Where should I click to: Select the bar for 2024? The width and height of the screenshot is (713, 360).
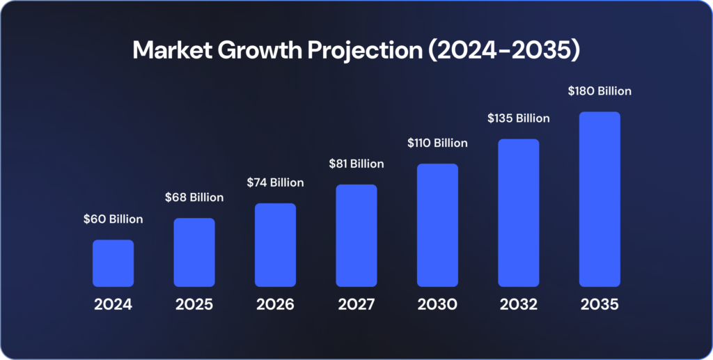pyautogui.click(x=113, y=263)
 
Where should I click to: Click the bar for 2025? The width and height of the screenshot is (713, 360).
pyautogui.click(x=194, y=252)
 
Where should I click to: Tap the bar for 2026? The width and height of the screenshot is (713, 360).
pyautogui.click(x=275, y=244)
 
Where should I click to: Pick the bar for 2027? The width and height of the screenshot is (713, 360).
pyautogui.click(x=356, y=235)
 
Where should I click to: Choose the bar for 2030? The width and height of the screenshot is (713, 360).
pyautogui.click(x=437, y=225)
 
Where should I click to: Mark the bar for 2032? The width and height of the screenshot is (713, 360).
pyautogui.click(x=519, y=212)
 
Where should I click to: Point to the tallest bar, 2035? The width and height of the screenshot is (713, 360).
pyautogui.click(x=600, y=199)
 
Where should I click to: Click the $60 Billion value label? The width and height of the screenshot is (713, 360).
pyautogui.click(x=113, y=219)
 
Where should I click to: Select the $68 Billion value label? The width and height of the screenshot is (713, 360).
pyautogui.click(x=194, y=198)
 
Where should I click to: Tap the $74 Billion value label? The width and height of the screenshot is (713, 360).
pyautogui.click(x=275, y=182)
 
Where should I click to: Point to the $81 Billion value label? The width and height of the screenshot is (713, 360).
pyautogui.click(x=356, y=164)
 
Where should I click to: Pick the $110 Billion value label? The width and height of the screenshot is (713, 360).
pyautogui.click(x=437, y=143)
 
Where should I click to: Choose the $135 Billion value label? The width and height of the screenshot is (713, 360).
pyautogui.click(x=519, y=118)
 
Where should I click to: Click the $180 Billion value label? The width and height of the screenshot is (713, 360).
pyautogui.click(x=600, y=91)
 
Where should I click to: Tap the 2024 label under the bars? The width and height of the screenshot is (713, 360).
pyautogui.click(x=113, y=305)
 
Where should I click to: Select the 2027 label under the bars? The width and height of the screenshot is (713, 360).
pyautogui.click(x=356, y=305)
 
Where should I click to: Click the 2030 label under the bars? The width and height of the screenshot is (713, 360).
pyautogui.click(x=437, y=305)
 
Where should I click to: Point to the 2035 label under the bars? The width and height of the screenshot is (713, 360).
pyautogui.click(x=600, y=305)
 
